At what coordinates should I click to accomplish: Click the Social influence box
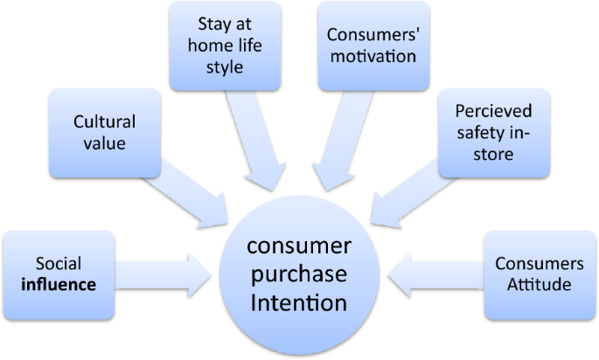pyautogui.click(x=59, y=273)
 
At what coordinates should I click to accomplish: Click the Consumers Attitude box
pyautogui.click(x=539, y=273)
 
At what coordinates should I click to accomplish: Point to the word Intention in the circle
pyautogui.click(x=300, y=303)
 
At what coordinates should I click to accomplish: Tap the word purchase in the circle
pyautogui.click(x=300, y=273)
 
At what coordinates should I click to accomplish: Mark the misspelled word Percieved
pyautogui.click(x=493, y=112)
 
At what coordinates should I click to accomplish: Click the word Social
pyautogui.click(x=58, y=263)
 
